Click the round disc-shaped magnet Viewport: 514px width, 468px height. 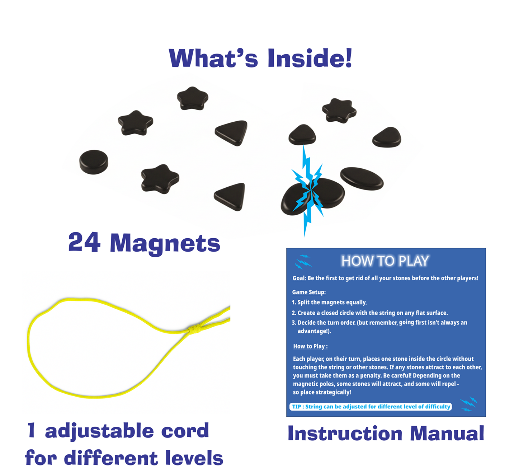[94, 162]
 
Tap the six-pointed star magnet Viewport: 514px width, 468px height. [339, 111]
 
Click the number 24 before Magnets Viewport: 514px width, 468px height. [84, 242]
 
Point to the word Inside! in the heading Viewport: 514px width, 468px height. [310, 58]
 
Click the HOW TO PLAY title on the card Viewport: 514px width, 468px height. [385, 261]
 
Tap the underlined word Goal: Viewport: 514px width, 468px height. [299, 278]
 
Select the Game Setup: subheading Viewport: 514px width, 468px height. [309, 292]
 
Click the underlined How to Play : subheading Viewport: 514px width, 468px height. [310, 346]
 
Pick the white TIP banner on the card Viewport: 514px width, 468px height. [371, 407]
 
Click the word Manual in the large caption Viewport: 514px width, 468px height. [447, 434]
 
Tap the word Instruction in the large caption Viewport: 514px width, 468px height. [345, 434]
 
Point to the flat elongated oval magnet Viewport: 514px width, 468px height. [362, 178]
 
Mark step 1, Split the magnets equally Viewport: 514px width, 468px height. [329, 302]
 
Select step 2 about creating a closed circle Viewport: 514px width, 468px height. [370, 313]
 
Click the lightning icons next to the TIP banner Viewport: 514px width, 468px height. [468, 404]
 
